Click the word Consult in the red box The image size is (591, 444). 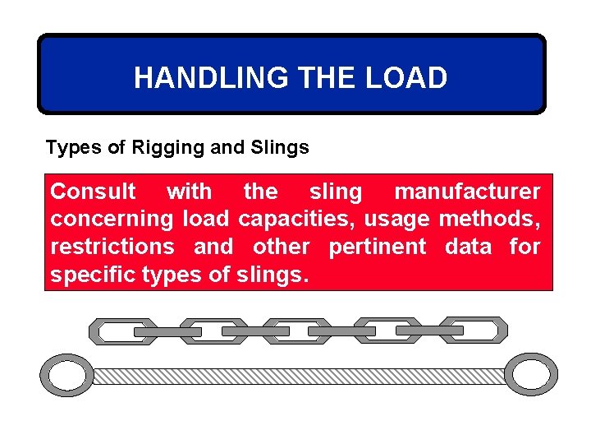pyautogui.click(x=93, y=192)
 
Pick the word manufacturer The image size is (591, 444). pyautogui.click(x=467, y=192)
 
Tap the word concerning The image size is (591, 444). pyautogui.click(x=112, y=220)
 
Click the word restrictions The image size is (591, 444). pyautogui.click(x=112, y=247)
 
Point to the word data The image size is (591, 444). pyautogui.click(x=468, y=247)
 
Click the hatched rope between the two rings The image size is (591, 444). pyautogui.click(x=299, y=376)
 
